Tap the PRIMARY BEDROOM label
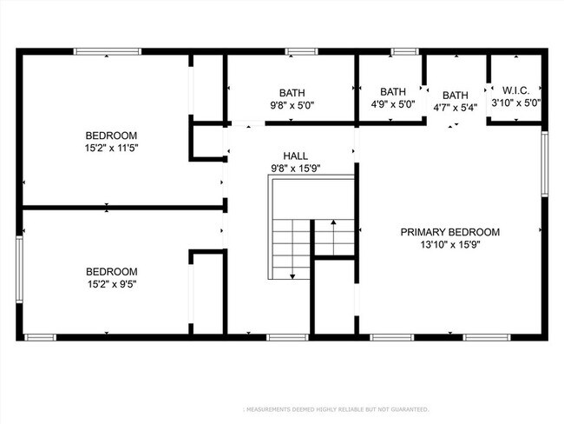pyautogui.click(x=449, y=232)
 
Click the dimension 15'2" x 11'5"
pyautogui.click(x=111, y=149)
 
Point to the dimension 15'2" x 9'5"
pyautogui.click(x=111, y=283)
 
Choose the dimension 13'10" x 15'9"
pyautogui.click(x=449, y=245)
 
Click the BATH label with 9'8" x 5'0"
pyautogui.click(x=292, y=93)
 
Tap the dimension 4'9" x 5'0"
pyautogui.click(x=392, y=103)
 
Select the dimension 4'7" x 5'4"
pyautogui.click(x=456, y=108)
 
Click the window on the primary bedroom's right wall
pyautogui.click(x=545, y=162)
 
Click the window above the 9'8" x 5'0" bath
pyautogui.click(x=298, y=52)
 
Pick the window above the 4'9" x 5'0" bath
pyautogui.click(x=403, y=52)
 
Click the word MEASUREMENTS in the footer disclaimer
pyautogui.click(x=274, y=409)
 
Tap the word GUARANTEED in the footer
pyautogui.click(x=406, y=409)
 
